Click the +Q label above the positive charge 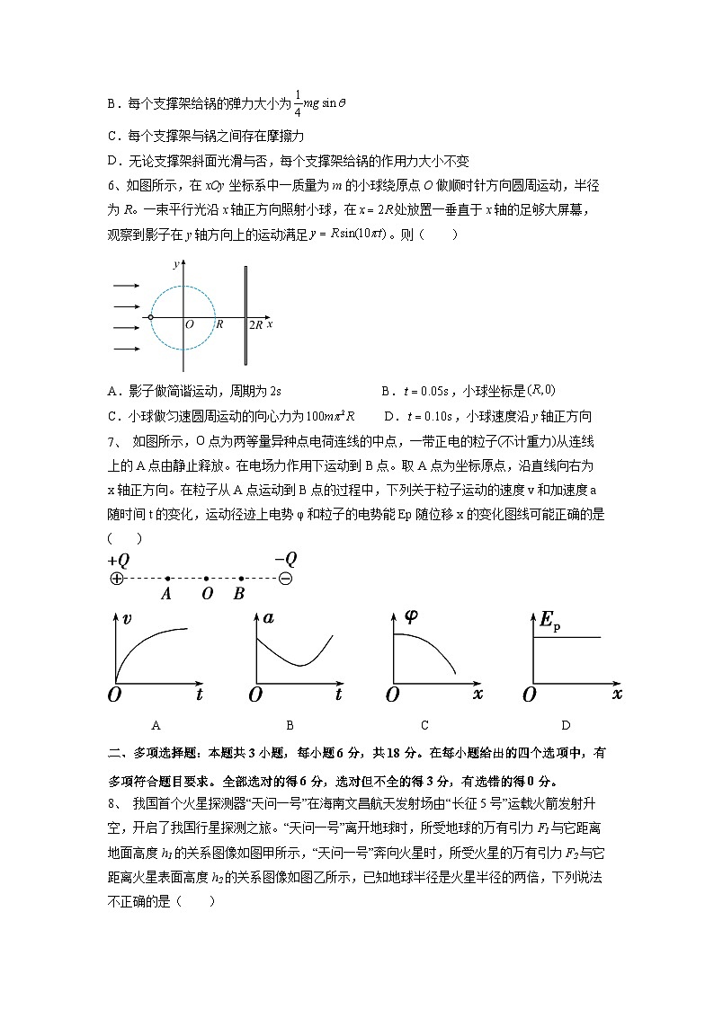click(x=119, y=560)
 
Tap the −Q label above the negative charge click(x=285, y=559)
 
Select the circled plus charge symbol click(x=116, y=579)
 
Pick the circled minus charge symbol click(x=285, y=579)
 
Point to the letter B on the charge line click(x=238, y=594)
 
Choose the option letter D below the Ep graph click(x=565, y=725)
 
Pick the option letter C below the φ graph click(x=424, y=725)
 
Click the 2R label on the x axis click(x=256, y=324)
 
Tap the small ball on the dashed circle click(x=150, y=317)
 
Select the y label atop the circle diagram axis click(x=174, y=264)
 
